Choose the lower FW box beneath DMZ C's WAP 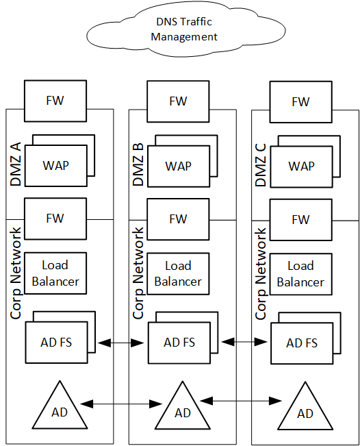300,220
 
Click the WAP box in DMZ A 55,166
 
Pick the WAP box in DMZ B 178,166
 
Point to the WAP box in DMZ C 300,166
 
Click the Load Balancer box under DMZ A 55,273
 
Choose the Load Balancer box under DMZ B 178,273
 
